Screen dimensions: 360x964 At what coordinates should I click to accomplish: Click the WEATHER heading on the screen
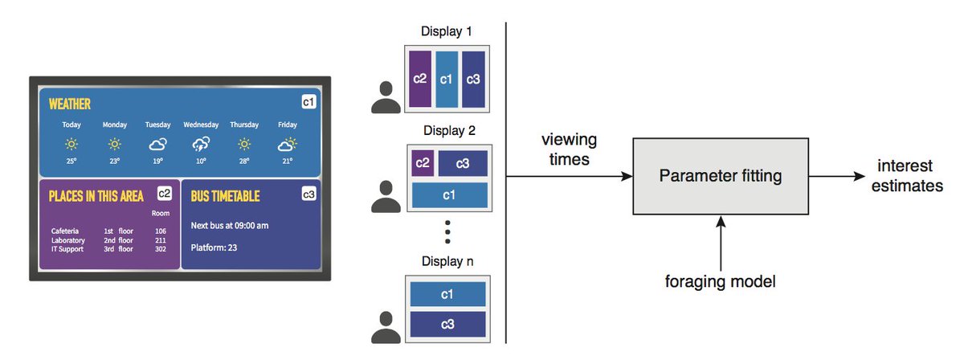click(70, 104)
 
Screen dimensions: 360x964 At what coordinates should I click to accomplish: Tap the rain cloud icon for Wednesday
click(201, 145)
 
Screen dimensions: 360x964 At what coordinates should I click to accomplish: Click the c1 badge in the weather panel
click(308, 102)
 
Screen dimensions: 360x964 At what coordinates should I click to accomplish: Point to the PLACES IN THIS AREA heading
click(96, 195)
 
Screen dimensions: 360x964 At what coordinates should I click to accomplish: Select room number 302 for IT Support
click(161, 249)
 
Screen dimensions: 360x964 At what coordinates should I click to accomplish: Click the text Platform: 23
click(214, 248)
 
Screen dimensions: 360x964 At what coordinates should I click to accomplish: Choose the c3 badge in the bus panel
click(308, 194)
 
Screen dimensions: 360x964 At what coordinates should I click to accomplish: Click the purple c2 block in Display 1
click(420, 79)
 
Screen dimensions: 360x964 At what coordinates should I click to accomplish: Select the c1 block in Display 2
click(449, 195)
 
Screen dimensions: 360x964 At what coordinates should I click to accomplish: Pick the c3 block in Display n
click(449, 324)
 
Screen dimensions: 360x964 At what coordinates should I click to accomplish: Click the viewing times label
click(570, 149)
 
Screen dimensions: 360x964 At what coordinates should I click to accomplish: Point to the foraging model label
click(721, 282)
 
